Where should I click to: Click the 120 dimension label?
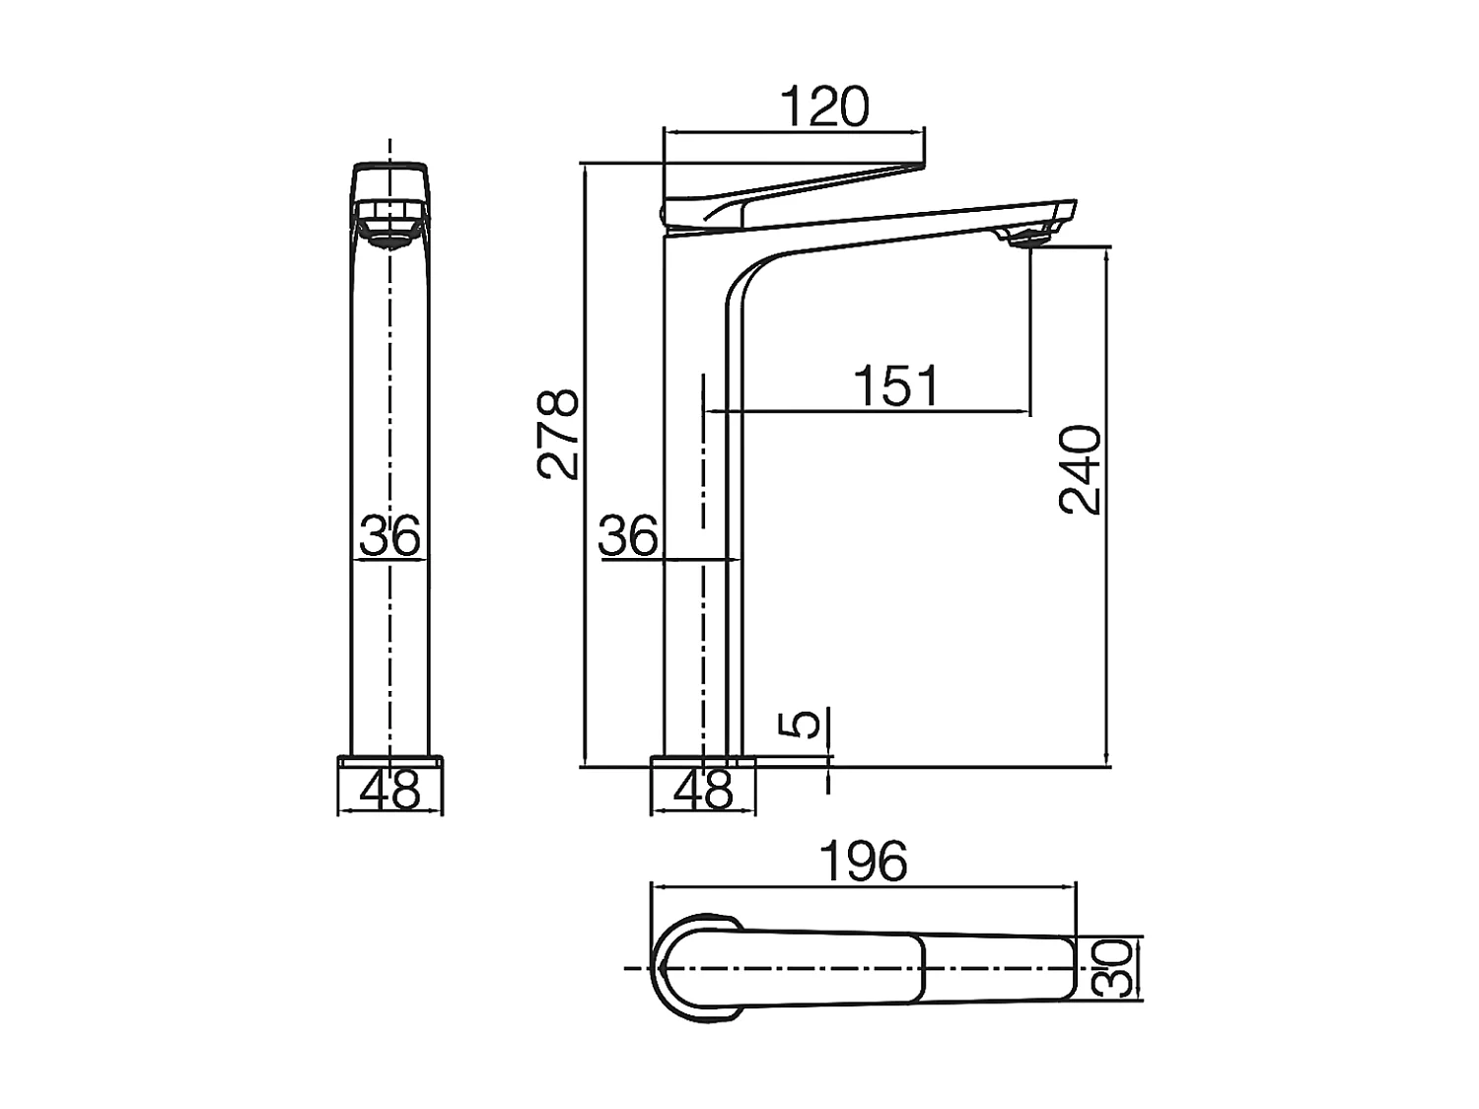tap(824, 106)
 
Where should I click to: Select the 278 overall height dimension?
tap(559, 434)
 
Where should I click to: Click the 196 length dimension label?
tap(864, 862)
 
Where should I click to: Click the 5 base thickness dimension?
tap(806, 723)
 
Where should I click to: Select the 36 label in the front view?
tap(389, 537)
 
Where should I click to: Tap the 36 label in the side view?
tap(628, 537)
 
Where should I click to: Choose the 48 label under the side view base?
tap(704, 790)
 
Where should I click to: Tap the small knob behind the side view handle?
tap(662, 213)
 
